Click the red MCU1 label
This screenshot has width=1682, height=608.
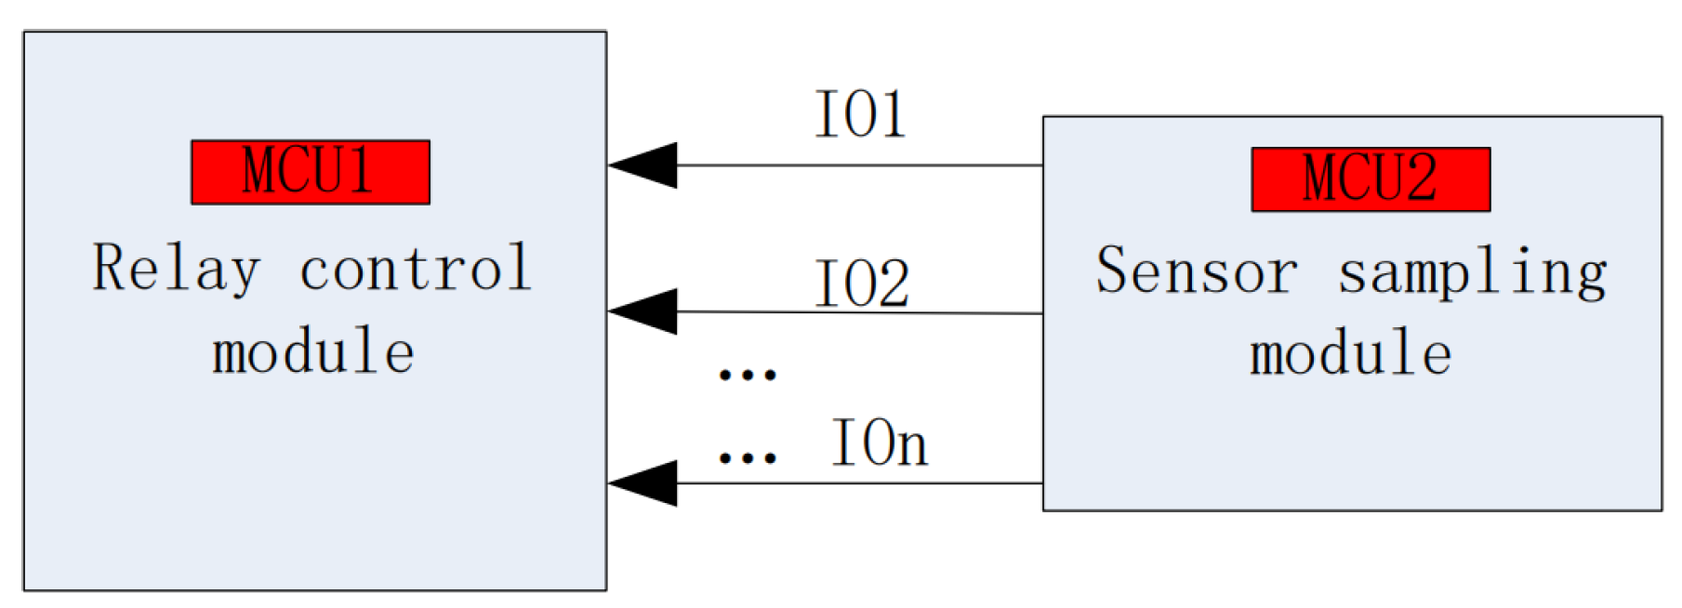coord(310,172)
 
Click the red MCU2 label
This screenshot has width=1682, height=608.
coord(1370,179)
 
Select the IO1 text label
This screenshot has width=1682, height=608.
coord(860,115)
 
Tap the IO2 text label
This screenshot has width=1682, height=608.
coord(861,283)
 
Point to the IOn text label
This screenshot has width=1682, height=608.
coord(879,443)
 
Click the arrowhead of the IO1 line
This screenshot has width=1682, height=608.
coord(645,165)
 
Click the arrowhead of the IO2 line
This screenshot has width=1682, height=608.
coord(645,311)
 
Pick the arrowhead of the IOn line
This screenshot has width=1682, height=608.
coord(645,483)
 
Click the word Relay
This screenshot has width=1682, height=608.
coord(176,270)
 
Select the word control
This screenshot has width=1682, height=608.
coord(416,269)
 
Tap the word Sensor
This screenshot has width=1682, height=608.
coord(1197,271)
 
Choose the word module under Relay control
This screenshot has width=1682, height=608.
coord(312,352)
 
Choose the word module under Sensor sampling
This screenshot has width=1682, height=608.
coord(1350,354)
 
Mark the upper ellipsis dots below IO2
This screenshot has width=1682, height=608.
coord(748,375)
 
